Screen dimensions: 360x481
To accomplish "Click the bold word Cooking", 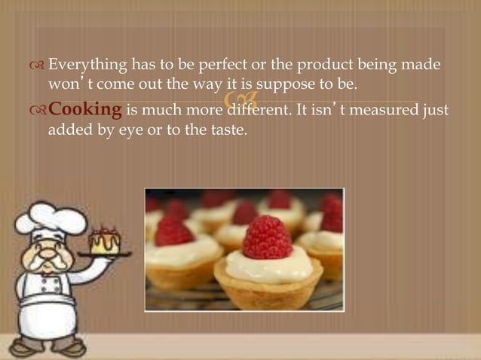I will point(85,111).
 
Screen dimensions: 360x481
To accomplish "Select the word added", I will point(69,130).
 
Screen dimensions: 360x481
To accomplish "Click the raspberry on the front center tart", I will point(267,237).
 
